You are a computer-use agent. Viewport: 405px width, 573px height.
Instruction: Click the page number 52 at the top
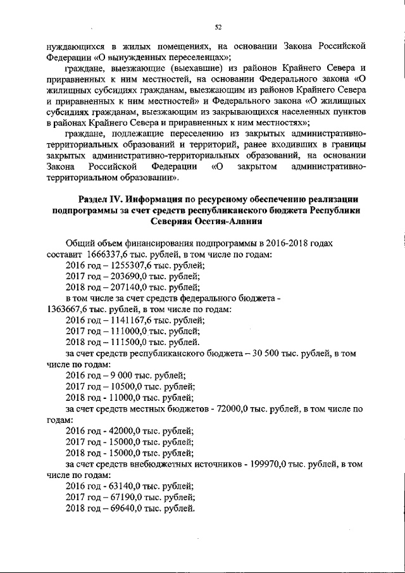click(218, 27)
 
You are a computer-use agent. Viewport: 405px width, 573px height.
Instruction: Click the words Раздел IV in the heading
click(101, 199)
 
